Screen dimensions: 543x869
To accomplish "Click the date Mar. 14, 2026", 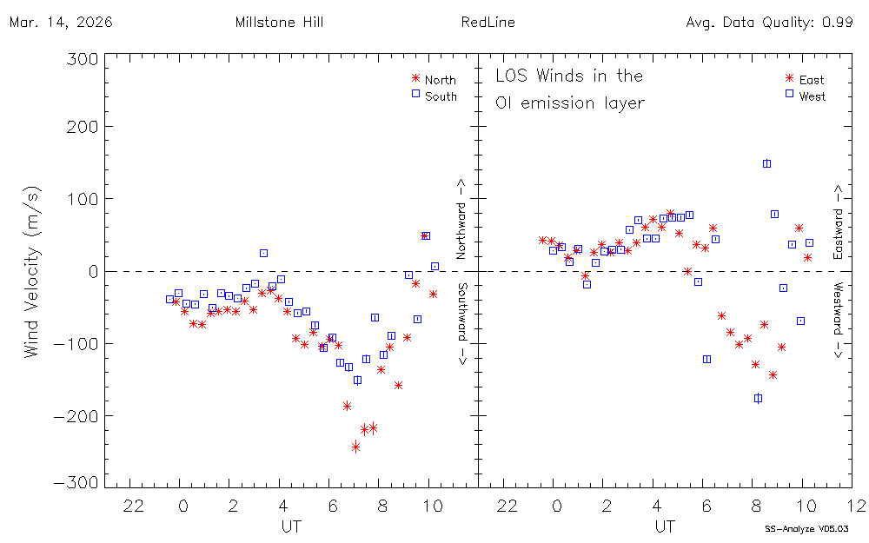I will (61, 23).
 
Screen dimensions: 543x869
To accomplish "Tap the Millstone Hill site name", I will (279, 23).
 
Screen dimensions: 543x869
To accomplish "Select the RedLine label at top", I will (485, 23).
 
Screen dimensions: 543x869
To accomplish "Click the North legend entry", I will (440, 80).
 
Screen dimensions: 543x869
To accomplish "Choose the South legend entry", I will (441, 96).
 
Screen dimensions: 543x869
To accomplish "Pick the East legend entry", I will (812, 80).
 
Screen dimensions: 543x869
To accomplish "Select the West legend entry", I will (812, 96).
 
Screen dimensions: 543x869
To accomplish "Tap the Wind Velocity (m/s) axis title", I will (32, 272).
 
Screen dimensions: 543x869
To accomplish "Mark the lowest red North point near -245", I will (356, 447).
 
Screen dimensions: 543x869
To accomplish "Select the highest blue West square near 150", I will (766, 163).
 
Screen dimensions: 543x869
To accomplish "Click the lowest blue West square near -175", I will (758, 398).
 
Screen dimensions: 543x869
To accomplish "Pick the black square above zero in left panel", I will (263, 253).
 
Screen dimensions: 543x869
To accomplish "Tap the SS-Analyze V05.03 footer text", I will (806, 528).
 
